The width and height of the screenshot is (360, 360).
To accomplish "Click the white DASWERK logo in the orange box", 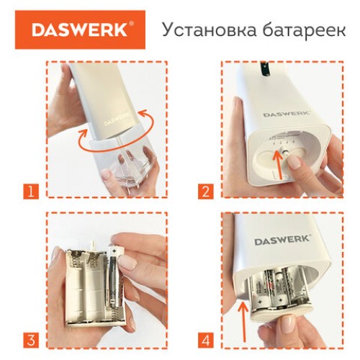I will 80,30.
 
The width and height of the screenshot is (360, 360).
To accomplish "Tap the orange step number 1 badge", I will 30,191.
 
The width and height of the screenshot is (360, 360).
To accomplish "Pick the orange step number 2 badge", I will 206,191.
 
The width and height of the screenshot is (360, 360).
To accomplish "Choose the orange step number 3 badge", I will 30,339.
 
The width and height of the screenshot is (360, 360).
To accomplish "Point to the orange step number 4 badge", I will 206,339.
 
